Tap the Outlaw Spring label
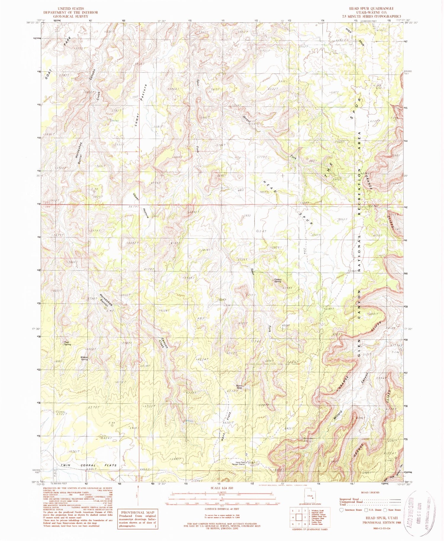pyautogui.click(x=277, y=281)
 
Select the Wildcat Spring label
pyautogui.click(x=84, y=358)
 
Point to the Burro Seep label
pyautogui.click(x=239, y=387)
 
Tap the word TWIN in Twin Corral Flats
pyautogui.click(x=66, y=465)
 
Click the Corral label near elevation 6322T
pyautogui.click(x=60, y=412)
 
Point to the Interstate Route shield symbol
pyautogui.click(x=341, y=510)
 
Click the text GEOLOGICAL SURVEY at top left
pyautogui.click(x=70, y=16)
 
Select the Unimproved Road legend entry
pyautogui.click(x=352, y=502)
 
